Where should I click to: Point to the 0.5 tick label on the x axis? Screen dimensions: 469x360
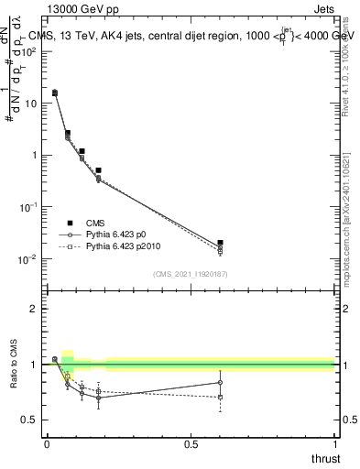click(191, 446)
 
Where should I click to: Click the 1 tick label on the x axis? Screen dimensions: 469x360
click(334, 446)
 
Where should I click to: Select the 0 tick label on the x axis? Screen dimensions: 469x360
click(48, 446)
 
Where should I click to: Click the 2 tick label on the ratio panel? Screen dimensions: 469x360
click(34, 309)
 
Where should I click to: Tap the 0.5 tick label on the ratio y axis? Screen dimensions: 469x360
click(29, 420)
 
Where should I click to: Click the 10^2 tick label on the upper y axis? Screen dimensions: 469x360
click(30, 51)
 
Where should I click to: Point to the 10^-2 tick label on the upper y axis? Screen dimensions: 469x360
click(30, 259)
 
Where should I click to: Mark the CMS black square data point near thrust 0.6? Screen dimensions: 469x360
click(220, 243)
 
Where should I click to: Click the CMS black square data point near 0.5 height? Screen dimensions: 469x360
click(98, 170)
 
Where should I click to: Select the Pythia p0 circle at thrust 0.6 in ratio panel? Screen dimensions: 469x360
click(220, 382)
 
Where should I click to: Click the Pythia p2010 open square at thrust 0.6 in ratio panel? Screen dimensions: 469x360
click(220, 397)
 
